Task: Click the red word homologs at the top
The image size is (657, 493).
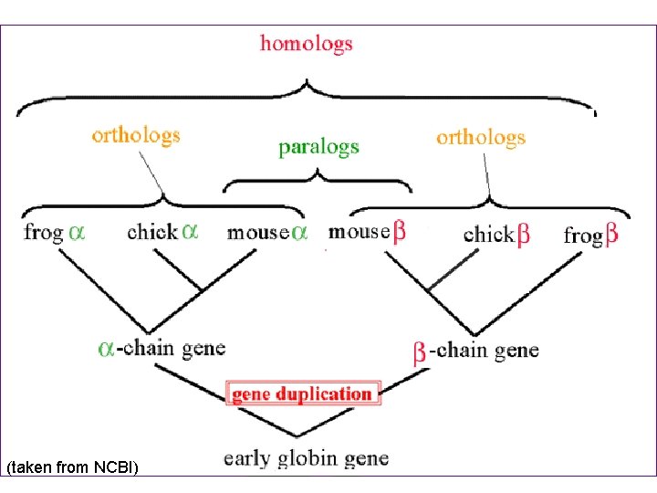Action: (x=306, y=44)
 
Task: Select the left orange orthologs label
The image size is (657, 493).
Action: (x=136, y=136)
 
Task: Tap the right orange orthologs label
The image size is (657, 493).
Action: (x=481, y=138)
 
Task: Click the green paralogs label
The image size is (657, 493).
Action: (x=318, y=147)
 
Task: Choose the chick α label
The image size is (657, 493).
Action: (x=162, y=231)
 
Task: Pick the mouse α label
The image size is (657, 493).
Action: (x=266, y=232)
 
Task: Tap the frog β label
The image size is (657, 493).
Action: (x=590, y=235)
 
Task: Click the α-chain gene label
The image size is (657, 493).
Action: (x=162, y=348)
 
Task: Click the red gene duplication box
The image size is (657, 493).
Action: (x=302, y=394)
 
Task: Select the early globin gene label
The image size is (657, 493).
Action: (x=306, y=457)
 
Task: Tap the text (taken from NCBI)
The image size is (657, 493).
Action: (x=72, y=467)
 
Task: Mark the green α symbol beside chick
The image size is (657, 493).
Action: (x=189, y=232)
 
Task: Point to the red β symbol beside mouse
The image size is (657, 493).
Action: (x=399, y=232)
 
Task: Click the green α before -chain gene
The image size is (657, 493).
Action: (x=107, y=349)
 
